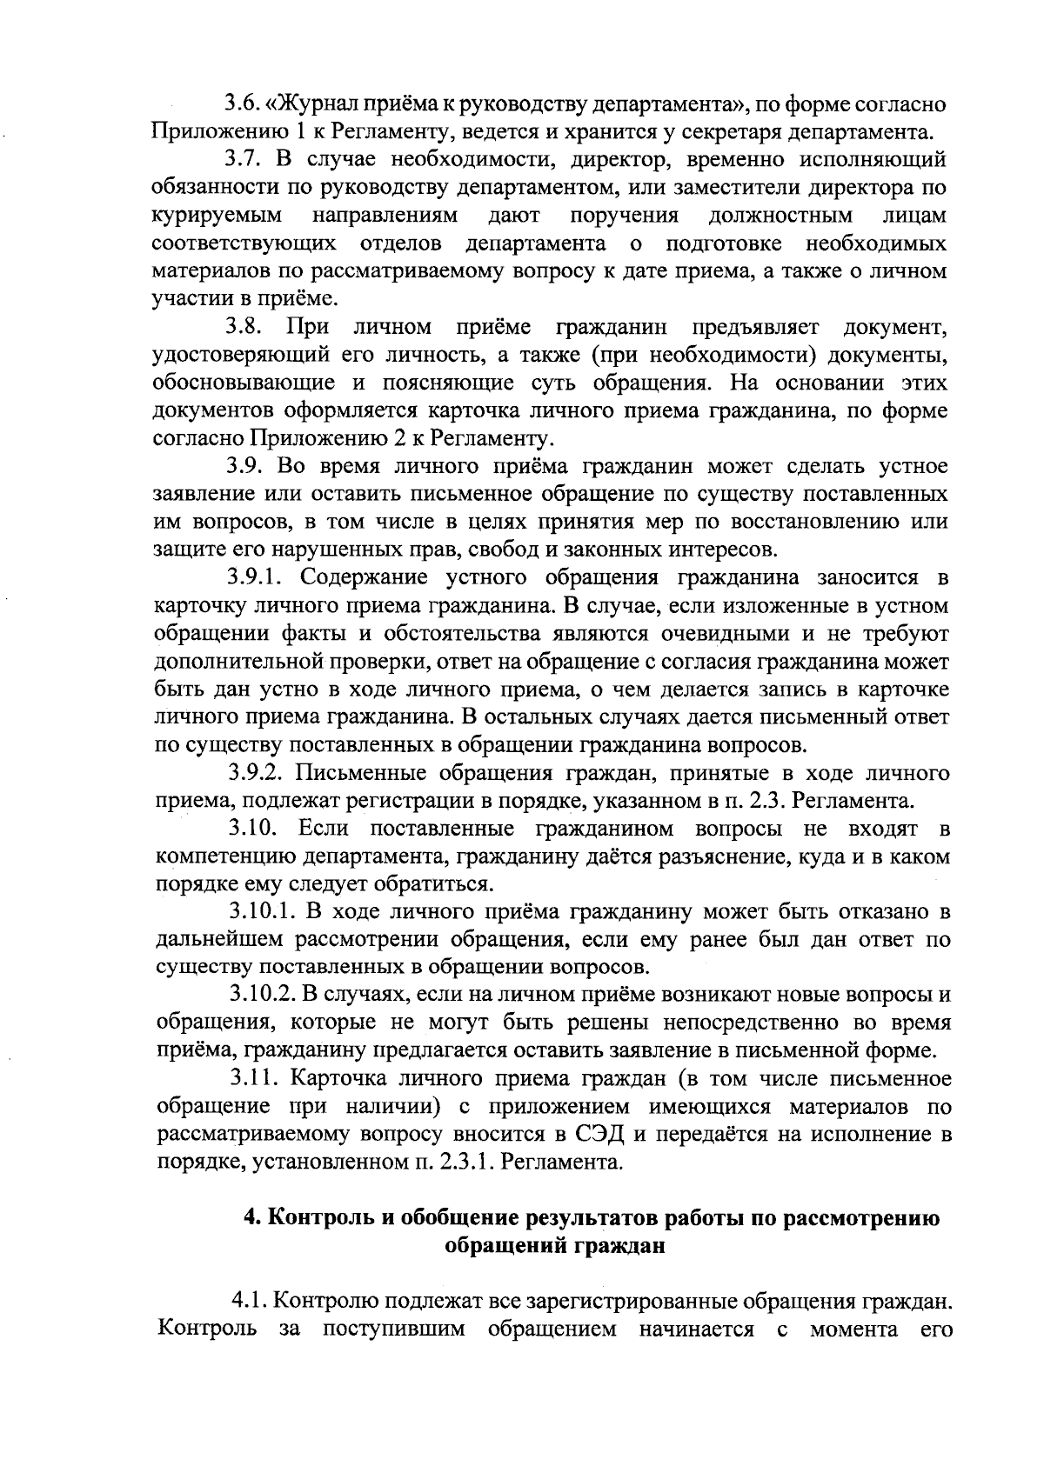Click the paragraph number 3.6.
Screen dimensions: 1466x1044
point(242,105)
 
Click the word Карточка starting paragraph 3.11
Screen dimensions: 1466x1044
point(334,1079)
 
